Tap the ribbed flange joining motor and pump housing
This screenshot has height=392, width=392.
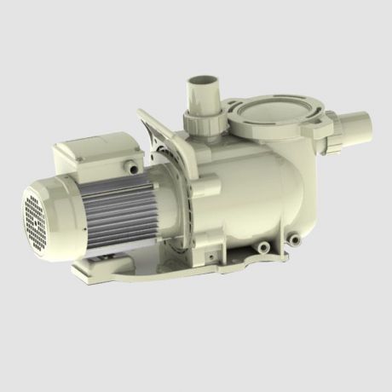175,196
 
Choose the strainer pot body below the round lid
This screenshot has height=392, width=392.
290,170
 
